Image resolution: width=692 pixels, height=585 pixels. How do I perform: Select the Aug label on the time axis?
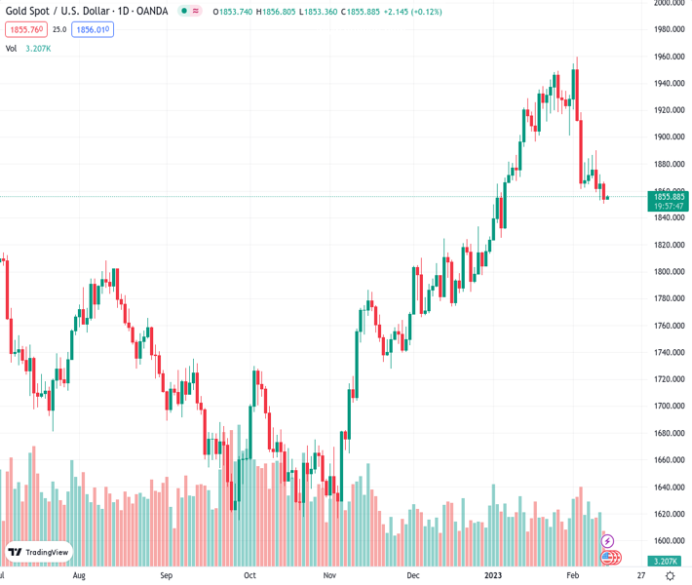tap(79, 576)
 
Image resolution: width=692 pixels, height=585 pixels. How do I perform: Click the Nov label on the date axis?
tap(329, 576)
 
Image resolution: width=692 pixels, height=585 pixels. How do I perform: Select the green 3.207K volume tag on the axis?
tap(668, 561)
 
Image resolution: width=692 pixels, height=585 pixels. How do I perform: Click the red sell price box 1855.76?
tap(25, 30)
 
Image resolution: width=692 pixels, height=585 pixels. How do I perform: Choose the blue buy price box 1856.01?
tap(93, 30)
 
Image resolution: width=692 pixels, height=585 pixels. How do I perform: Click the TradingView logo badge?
tap(39, 553)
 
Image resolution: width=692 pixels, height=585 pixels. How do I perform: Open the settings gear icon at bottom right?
tap(670, 576)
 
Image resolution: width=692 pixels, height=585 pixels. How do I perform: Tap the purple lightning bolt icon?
tap(608, 541)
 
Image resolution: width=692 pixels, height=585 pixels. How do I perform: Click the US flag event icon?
tap(607, 558)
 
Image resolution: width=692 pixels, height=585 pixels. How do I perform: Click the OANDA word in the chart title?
tap(147, 12)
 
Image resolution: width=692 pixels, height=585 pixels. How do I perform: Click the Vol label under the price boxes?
tap(11, 48)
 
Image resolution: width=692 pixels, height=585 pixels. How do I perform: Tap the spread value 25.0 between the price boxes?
tap(59, 30)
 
